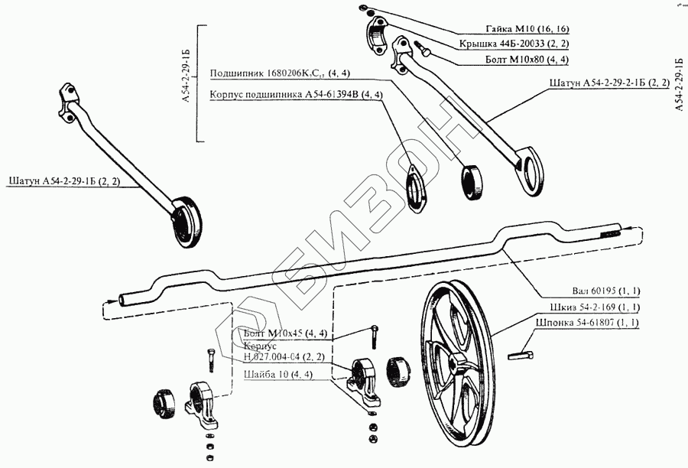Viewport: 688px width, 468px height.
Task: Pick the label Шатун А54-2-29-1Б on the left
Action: [70, 182]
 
